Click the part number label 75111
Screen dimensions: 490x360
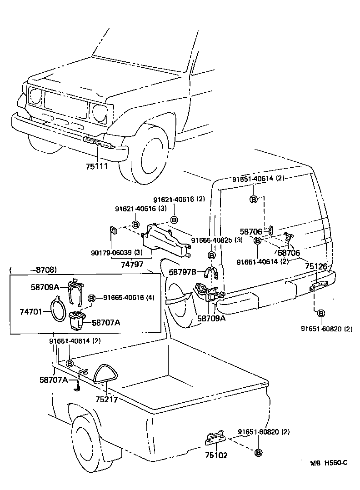click(96, 166)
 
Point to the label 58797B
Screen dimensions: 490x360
click(182, 272)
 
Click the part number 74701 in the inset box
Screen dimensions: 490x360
click(30, 312)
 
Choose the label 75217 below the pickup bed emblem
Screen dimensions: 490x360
click(106, 400)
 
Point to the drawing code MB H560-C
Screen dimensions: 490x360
click(329, 463)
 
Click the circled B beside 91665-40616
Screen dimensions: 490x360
click(91, 298)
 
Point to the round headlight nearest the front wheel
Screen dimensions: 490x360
click(99, 112)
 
